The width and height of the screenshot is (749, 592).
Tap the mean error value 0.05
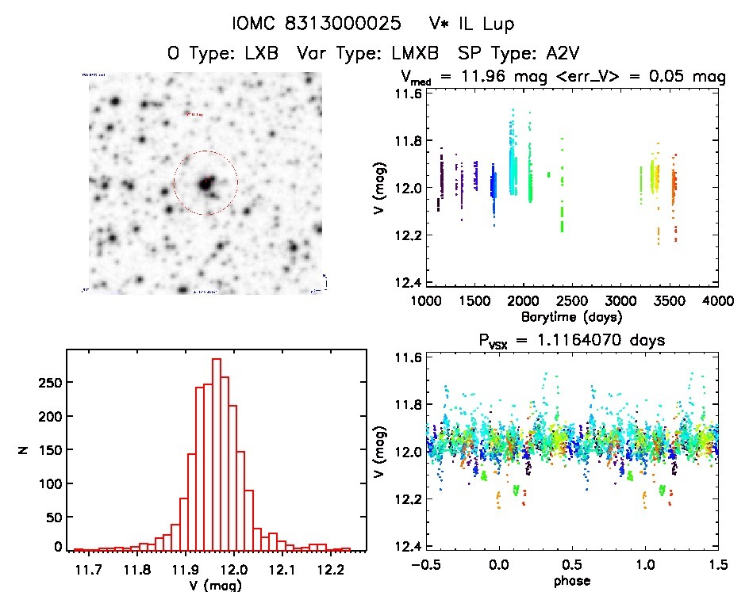[x=666, y=77]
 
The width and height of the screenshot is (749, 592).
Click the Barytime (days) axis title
[x=572, y=316]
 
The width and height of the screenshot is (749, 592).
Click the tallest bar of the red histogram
[x=216, y=452]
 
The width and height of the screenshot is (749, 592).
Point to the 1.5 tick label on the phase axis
[x=718, y=565]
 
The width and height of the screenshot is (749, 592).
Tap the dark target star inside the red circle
[x=205, y=184]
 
